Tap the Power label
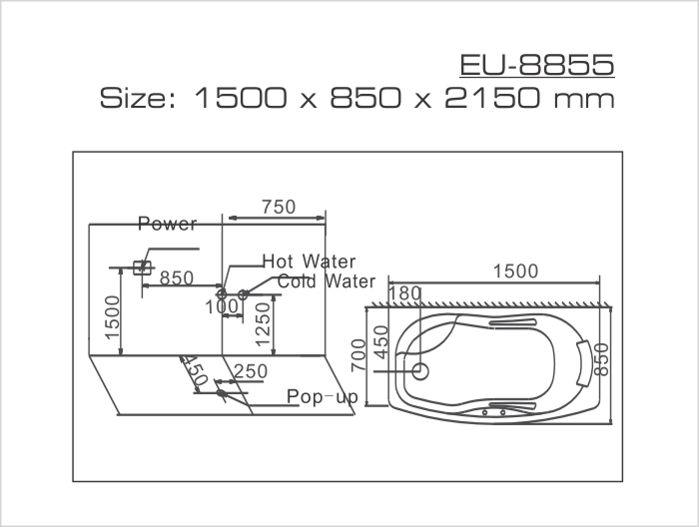coord(167,224)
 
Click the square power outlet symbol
coord(142,267)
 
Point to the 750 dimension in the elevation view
coord(278,207)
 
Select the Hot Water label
coord(309,262)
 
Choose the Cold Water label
coord(327,281)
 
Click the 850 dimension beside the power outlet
coord(177,278)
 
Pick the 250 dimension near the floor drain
coord(250,371)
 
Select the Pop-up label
coord(322,397)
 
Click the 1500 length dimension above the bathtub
coord(515,271)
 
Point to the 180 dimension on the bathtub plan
coord(404,293)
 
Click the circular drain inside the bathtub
coord(420,372)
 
